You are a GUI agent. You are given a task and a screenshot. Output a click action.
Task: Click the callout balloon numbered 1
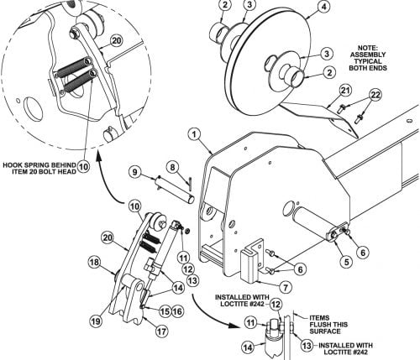coord(194,134)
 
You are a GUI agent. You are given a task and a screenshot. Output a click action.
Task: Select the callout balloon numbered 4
coord(323,7)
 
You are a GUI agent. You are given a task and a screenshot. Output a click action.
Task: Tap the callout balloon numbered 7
coord(286,287)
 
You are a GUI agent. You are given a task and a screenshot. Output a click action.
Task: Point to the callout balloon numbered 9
coord(135,172)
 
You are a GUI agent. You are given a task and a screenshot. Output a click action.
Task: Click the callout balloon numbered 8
coord(172,167)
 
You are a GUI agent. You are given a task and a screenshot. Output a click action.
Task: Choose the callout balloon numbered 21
coord(345,91)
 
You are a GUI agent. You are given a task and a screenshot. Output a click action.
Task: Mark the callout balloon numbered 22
coord(375,95)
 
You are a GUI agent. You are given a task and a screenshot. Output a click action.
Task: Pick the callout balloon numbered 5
coord(347,262)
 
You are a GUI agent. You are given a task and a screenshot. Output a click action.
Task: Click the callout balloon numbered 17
coord(161,331)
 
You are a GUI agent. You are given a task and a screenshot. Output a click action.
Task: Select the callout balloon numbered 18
coord(95,263)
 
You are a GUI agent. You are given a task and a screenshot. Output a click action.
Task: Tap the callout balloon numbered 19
coord(96,321)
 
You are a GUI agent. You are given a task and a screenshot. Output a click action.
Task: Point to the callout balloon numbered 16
coord(177,311)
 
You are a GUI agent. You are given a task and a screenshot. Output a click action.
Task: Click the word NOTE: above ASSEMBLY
coord(368,48)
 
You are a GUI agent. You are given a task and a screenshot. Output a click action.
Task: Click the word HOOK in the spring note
coord(12,165)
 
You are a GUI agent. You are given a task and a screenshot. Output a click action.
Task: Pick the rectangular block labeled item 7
coord(249,264)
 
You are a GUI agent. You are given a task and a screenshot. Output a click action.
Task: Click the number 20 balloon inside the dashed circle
coord(116,41)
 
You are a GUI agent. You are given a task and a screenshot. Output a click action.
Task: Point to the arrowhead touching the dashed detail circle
coord(98,154)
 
